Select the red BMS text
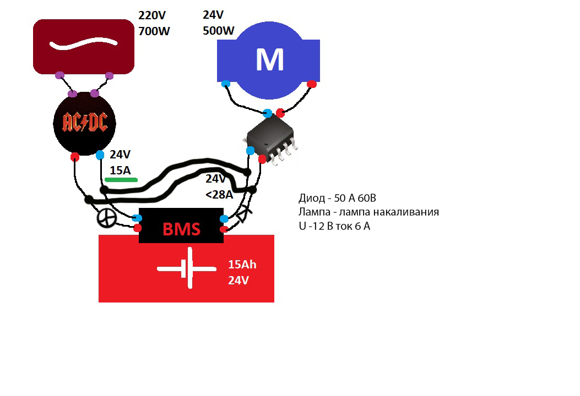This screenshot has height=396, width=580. click(182, 229)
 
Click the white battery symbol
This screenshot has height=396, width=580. click(187, 269)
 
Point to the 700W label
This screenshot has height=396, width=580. click(154, 31)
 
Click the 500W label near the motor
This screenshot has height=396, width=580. click(219, 31)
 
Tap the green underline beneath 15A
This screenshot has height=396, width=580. click(121, 180)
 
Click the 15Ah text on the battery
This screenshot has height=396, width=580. click(242, 265)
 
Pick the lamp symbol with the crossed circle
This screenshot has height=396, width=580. click(106, 218)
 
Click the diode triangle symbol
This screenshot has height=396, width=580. click(242, 215)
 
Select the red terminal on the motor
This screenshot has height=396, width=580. click(312, 84)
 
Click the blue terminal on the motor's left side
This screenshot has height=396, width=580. click(225, 84)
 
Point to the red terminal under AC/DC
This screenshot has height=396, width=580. click(75, 157)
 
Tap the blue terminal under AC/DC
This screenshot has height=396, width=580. click(100, 155)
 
